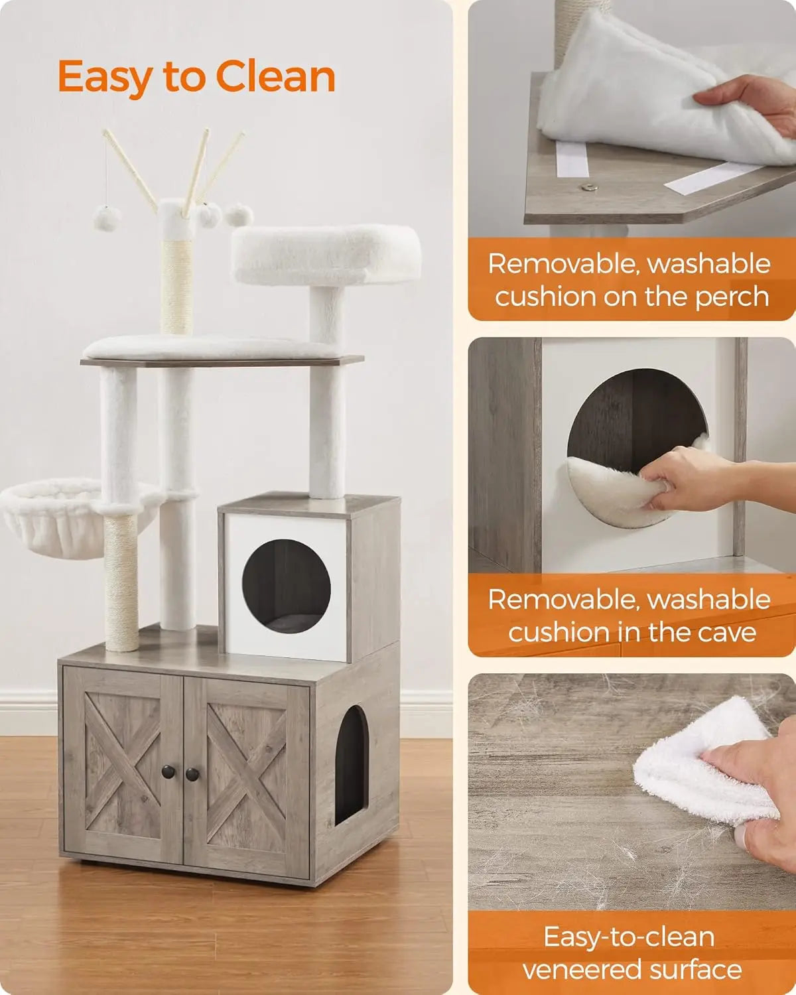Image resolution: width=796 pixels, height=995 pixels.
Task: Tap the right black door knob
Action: coord(192,773)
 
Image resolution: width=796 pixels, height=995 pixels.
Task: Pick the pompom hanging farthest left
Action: coord(106,218)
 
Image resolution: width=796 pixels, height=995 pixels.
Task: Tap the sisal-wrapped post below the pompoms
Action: coord(176,285)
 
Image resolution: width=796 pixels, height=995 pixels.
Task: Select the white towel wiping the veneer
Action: coord(703,763)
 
